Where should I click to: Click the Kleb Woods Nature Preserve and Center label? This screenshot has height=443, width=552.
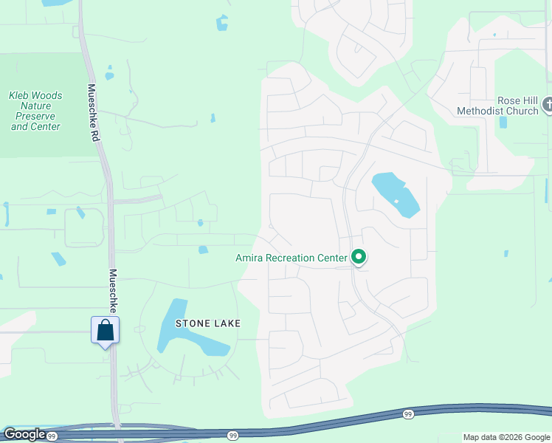tap(35, 111)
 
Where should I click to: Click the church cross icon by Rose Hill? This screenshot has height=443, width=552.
tap(548, 105)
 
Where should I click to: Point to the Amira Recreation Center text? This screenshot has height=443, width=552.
tap(291, 258)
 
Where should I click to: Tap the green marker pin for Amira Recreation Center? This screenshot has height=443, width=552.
tap(359, 257)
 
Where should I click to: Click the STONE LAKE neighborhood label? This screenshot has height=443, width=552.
tap(207, 323)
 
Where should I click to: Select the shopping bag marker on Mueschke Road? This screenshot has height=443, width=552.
tap(105, 330)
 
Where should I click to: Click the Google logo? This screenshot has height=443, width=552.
tap(24, 434)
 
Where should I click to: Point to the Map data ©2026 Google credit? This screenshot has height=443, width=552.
tap(506, 437)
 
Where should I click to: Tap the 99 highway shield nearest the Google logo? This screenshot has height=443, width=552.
tap(52, 436)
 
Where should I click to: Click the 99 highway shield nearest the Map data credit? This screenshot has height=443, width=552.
tap(408, 415)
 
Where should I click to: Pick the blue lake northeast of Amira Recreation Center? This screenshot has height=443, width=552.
tap(396, 194)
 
